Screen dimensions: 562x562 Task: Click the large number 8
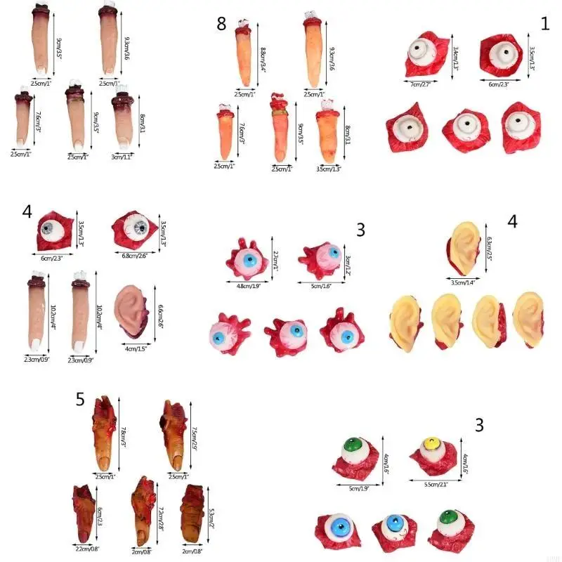[221, 25]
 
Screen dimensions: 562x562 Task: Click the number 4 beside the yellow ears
[512, 221]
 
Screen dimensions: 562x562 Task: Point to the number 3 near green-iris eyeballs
[479, 424]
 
